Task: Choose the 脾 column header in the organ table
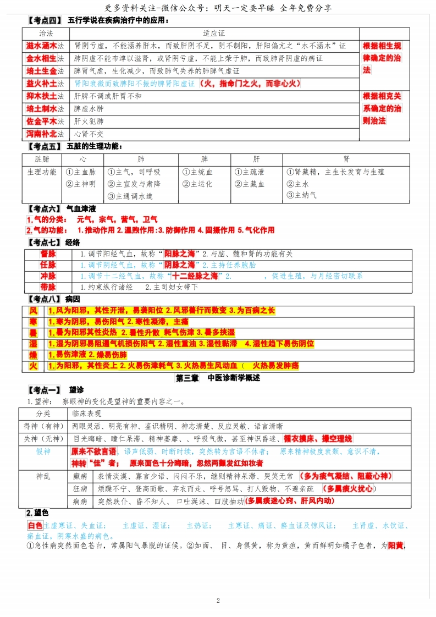click(204, 159)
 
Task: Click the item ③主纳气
click(301, 195)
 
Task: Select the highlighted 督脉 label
click(48, 254)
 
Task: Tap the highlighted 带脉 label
click(48, 287)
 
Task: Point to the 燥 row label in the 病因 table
click(33, 355)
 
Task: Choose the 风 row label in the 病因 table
click(33, 311)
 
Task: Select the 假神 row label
click(43, 451)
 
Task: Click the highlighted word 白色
click(35, 525)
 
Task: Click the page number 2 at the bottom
click(218, 600)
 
